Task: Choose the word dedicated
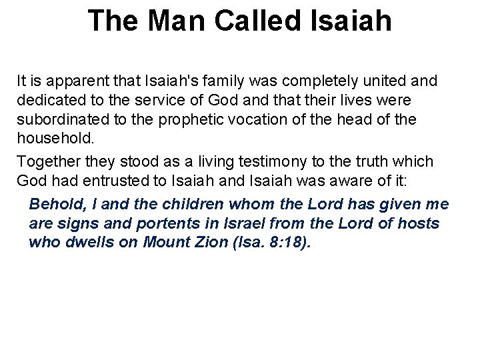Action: point(51,101)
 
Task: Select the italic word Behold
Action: point(54,204)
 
